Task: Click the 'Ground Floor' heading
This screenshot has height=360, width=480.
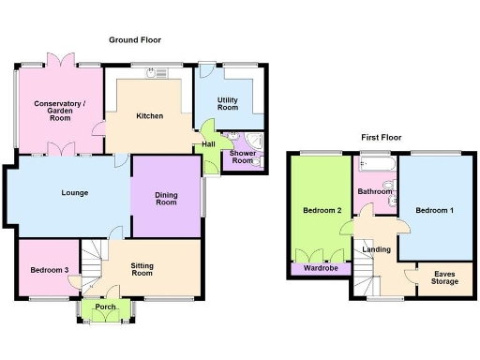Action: coord(136,40)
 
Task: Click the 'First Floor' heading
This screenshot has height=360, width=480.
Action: coord(382,138)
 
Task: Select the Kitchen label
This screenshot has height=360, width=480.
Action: coord(150,116)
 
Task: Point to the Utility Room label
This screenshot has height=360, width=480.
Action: coord(229,103)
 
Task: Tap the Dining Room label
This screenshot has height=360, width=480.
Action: coord(166,197)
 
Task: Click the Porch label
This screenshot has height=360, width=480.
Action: coord(105,307)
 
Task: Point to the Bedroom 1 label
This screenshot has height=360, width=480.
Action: coord(435,209)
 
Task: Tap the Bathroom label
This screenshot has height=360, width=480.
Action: coord(374,191)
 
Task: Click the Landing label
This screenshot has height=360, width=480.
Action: coord(377,248)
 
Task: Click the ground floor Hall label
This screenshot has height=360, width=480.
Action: coord(208,143)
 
